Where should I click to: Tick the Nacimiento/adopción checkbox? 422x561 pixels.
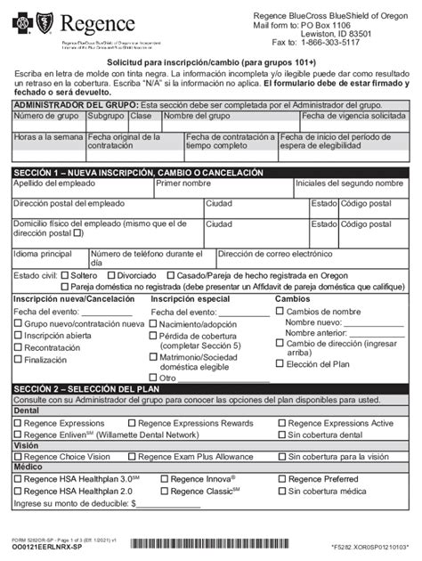(x=155, y=325)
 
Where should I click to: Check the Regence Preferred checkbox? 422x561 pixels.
(x=280, y=478)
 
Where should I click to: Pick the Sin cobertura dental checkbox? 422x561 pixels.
(x=280, y=434)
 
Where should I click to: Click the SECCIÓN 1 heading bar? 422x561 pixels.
(x=211, y=171)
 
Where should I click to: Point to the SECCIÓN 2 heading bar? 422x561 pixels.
(x=211, y=389)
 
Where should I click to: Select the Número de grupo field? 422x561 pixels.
(x=48, y=121)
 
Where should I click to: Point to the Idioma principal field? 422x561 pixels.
(x=48, y=258)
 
